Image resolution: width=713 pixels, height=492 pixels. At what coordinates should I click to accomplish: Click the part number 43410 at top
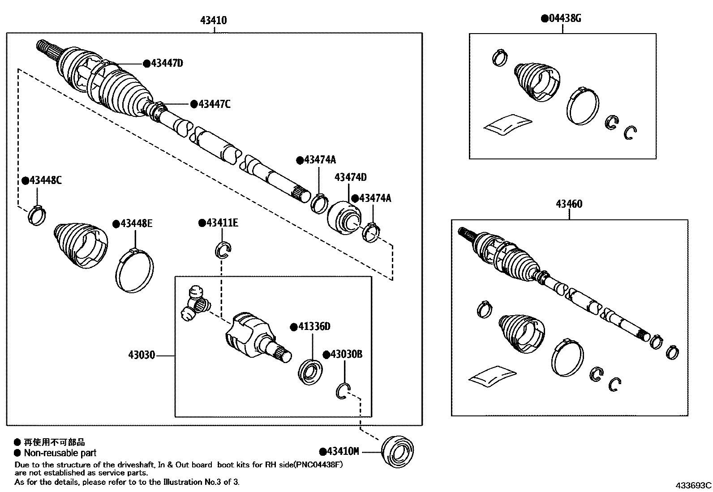214,20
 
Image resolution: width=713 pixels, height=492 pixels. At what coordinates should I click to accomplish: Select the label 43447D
167,63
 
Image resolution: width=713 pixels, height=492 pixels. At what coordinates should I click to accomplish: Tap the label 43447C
214,104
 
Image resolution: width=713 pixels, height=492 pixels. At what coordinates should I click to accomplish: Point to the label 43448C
45,180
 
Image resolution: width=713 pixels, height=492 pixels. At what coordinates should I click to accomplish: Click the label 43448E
136,223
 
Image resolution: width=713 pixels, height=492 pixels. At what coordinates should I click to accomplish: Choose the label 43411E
222,223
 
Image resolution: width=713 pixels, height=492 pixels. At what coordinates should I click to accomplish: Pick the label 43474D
350,177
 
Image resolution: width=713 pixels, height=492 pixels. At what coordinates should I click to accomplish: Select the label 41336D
314,327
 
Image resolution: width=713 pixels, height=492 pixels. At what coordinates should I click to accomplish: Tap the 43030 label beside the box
142,355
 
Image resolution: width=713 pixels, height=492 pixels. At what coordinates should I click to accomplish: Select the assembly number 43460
569,204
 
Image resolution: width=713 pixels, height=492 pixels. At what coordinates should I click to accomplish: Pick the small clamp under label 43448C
37,214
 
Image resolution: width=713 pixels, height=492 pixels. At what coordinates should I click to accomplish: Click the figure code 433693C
693,485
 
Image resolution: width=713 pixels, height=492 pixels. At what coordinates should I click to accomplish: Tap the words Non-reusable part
60,453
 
